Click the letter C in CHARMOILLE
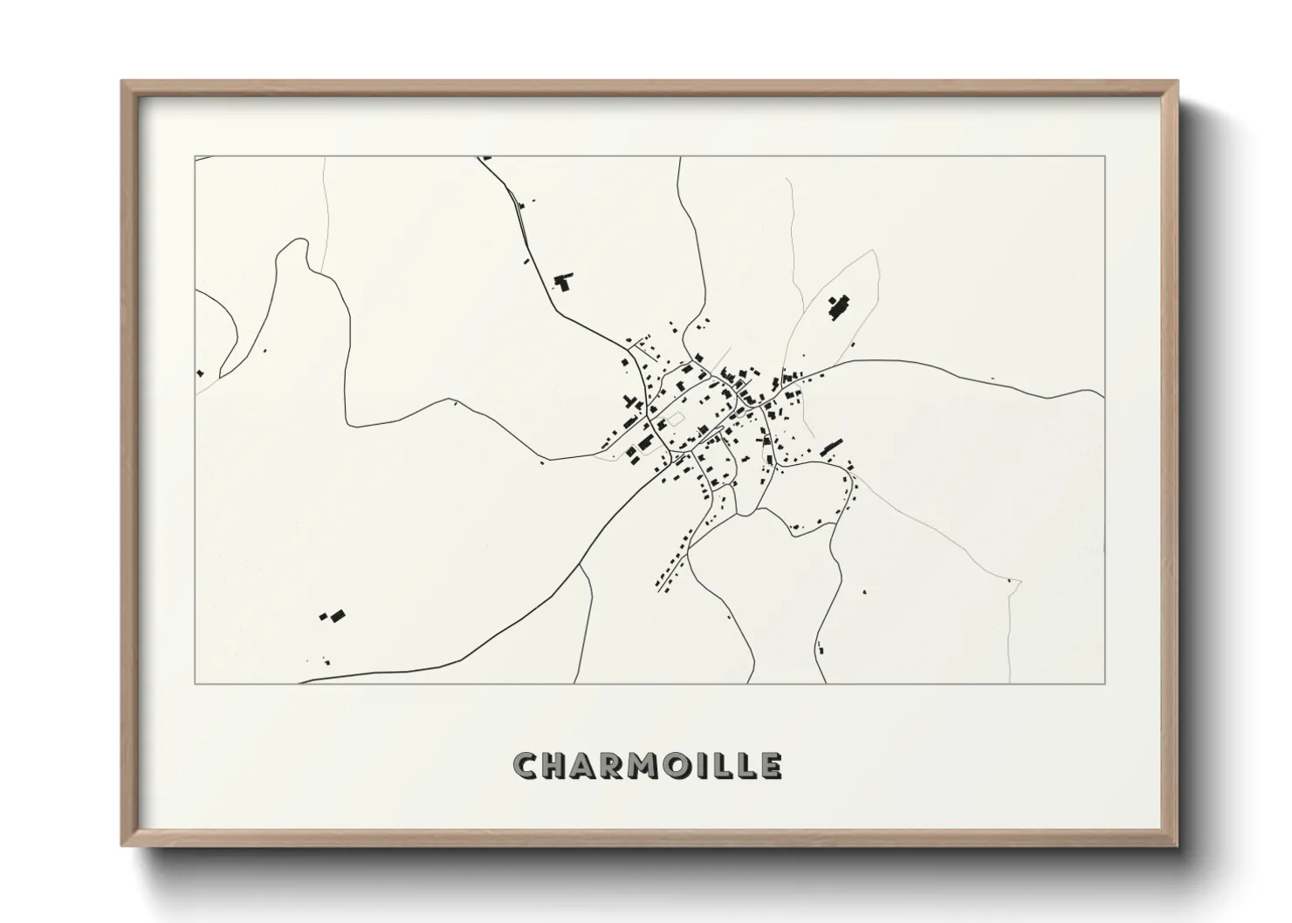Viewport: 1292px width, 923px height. point(526,765)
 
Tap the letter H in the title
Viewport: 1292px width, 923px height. point(559,765)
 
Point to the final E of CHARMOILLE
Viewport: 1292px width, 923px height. point(771,765)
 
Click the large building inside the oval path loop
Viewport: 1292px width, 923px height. point(839,308)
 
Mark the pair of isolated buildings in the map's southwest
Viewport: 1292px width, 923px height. point(333,616)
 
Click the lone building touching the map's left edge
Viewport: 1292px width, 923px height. point(199,373)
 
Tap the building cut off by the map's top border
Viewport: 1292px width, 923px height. point(486,158)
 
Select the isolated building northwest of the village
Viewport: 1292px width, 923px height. point(563,281)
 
